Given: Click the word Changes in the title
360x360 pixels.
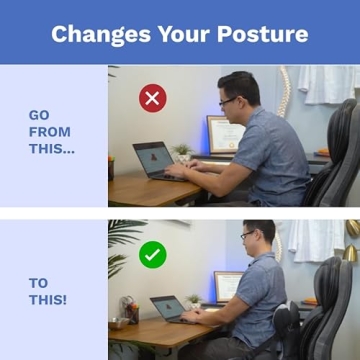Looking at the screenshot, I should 94,34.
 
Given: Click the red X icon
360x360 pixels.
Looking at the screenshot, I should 152,98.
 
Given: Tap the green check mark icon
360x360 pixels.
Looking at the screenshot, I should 152,255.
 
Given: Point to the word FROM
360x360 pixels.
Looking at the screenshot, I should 50,132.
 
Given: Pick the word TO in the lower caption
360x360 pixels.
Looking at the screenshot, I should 39,283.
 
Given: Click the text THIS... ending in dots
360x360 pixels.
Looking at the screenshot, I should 52,150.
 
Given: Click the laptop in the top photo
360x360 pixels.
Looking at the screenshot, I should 154,161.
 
